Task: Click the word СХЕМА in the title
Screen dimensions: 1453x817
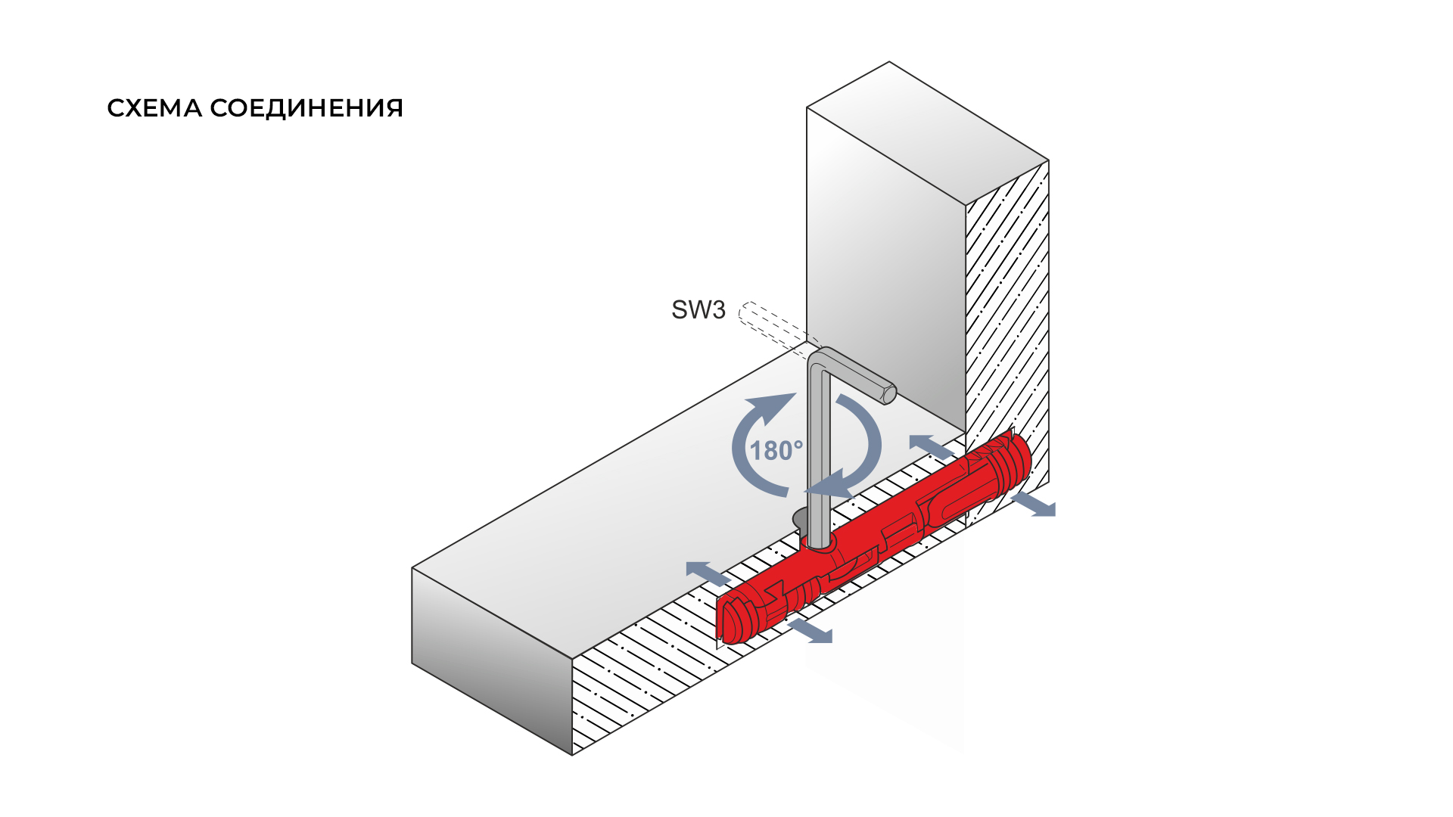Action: point(154,108)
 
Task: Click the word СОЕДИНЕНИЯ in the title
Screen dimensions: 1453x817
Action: point(306,108)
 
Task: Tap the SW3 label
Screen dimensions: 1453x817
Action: point(698,309)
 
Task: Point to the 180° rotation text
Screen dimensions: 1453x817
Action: point(776,451)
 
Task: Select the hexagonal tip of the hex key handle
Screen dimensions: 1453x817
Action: point(888,394)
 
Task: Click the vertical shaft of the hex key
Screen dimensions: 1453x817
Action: point(817,454)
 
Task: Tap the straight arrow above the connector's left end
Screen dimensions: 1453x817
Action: point(708,573)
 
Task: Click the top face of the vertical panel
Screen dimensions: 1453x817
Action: point(928,133)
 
